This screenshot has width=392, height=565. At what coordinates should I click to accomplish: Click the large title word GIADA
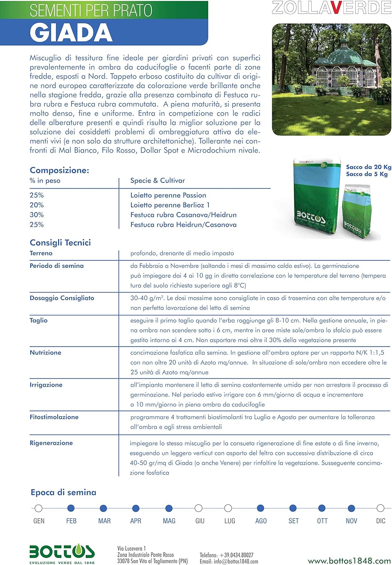(x=71, y=33)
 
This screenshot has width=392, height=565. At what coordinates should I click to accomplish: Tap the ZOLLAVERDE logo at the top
(x=331, y=8)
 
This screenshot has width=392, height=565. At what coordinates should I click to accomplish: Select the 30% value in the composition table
(x=36, y=215)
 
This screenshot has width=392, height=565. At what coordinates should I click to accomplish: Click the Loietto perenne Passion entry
(x=168, y=195)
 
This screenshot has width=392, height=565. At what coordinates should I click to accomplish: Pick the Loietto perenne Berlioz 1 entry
(x=170, y=205)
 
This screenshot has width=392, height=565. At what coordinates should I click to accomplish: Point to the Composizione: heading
(x=59, y=170)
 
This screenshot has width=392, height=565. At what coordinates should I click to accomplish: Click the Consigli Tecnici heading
(x=60, y=243)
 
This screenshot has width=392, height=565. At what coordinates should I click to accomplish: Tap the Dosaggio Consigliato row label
(x=62, y=298)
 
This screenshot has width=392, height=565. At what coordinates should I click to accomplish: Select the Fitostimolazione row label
(x=54, y=417)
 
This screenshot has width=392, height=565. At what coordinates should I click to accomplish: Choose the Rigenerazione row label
(x=51, y=443)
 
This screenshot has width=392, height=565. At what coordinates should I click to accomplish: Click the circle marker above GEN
(x=38, y=508)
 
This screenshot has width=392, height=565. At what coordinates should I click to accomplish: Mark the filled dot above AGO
(x=260, y=508)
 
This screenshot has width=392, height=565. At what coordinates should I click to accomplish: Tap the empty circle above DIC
(x=380, y=508)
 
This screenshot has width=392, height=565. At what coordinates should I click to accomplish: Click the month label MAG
(x=169, y=521)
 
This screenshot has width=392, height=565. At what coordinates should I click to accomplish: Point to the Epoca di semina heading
(x=63, y=492)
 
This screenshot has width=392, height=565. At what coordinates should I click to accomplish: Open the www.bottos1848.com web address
(x=349, y=561)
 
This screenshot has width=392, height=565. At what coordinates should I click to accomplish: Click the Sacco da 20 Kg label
(x=368, y=167)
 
